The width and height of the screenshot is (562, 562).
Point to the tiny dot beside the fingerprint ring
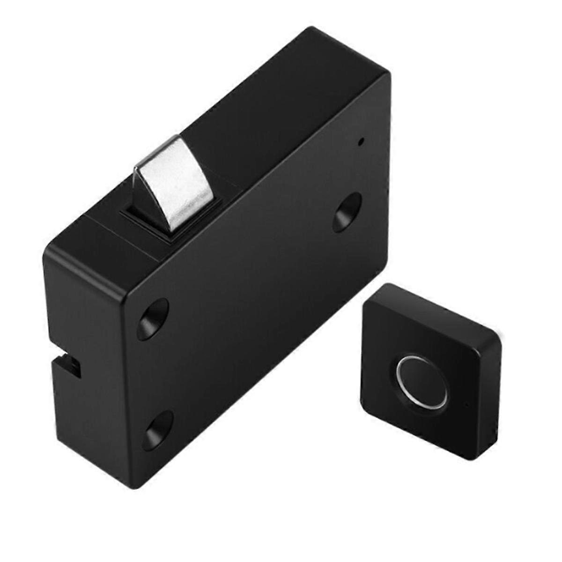click(466, 402)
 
